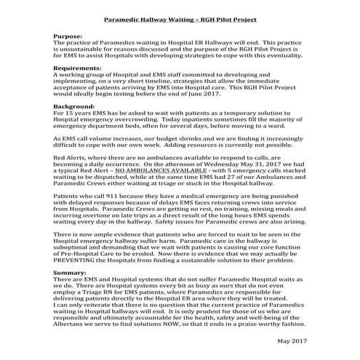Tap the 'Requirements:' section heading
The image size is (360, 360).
click(81, 67)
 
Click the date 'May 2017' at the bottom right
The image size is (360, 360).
click(293, 341)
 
